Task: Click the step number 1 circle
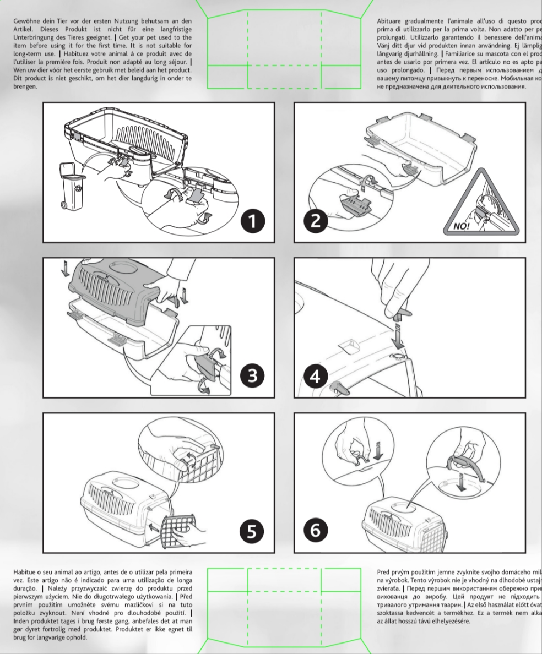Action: pos(252,221)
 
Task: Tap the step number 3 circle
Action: pos(252,377)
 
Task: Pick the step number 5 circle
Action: pos(252,531)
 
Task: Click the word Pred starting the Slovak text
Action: pos(383,573)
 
